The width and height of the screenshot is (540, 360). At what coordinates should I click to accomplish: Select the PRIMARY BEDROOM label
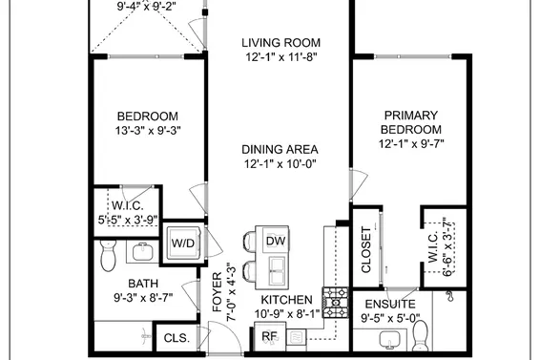coord(411,122)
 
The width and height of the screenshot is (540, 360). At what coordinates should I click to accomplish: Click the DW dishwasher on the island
coord(275,241)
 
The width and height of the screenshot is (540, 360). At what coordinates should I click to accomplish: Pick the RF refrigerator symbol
coord(269,337)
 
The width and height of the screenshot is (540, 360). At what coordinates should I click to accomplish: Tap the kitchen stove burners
coord(335,302)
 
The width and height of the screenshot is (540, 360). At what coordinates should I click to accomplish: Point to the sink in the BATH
coord(140,253)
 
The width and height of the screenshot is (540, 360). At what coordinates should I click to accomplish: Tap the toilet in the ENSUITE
coord(420,335)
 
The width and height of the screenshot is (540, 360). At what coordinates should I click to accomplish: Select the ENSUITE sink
coord(389,340)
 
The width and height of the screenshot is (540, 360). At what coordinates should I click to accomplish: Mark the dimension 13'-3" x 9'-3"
coord(148,129)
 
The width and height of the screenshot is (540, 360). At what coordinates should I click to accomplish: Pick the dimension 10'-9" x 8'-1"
coord(287,313)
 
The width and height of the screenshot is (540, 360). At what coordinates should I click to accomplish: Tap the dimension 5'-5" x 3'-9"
coord(128,219)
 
